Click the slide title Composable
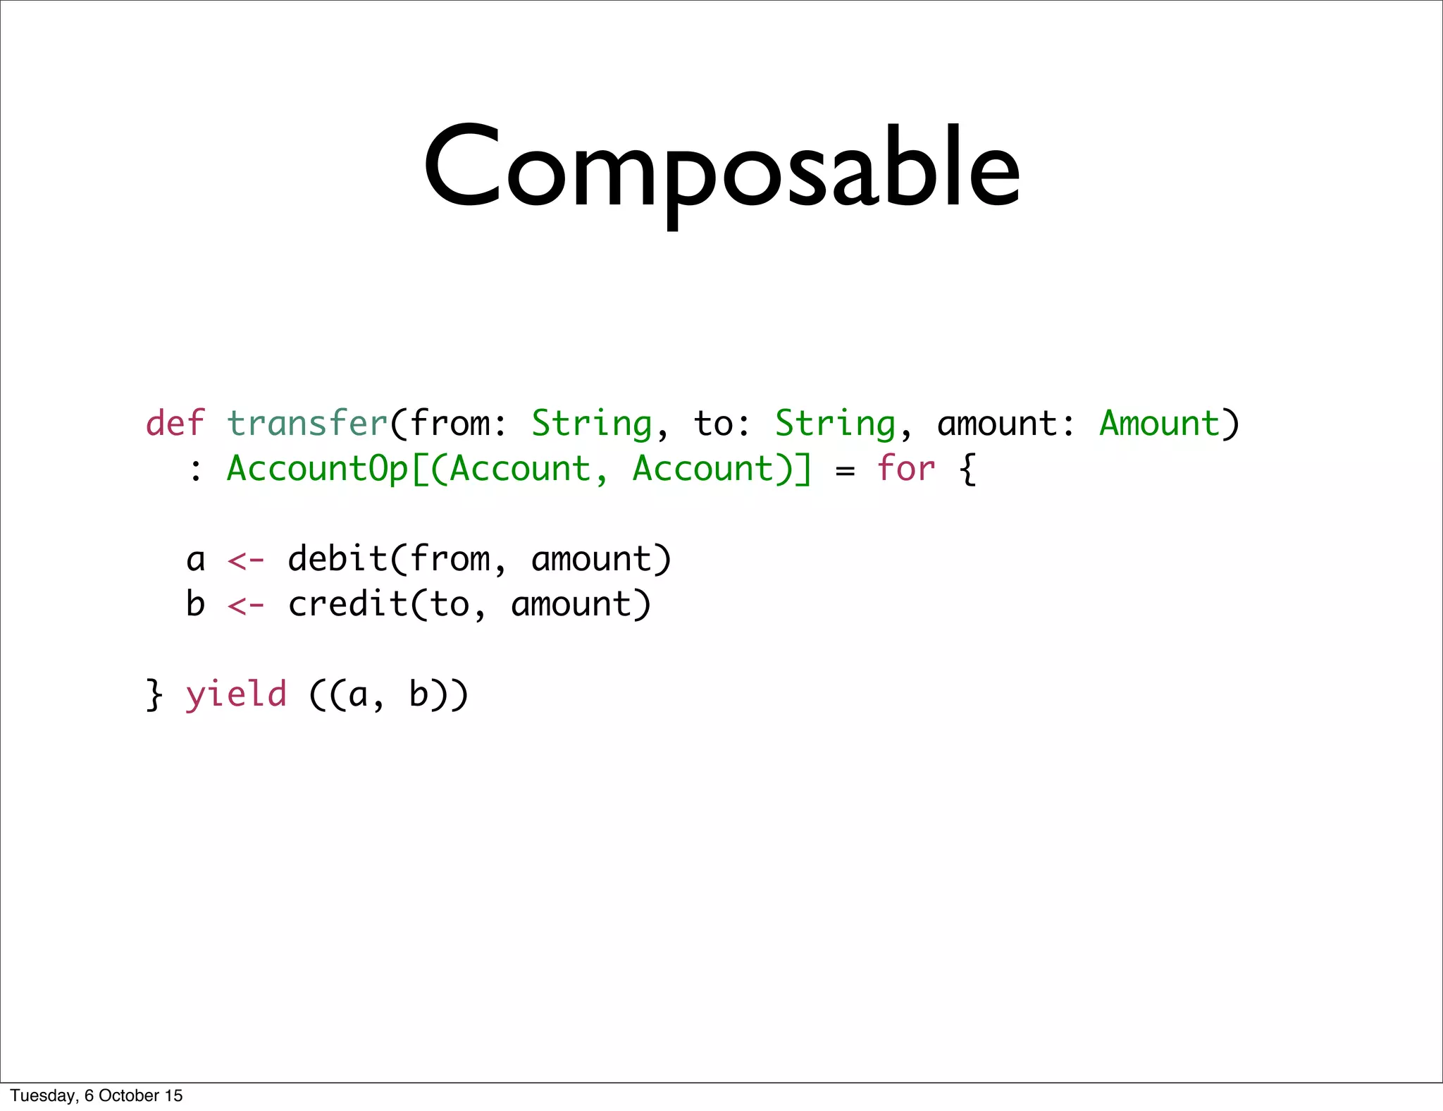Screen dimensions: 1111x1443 pos(721,169)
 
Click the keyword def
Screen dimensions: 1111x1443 pos(175,424)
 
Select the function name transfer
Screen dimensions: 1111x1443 pos(307,424)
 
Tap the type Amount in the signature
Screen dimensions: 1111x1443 pos(1159,424)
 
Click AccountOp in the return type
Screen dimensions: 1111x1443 pos(317,469)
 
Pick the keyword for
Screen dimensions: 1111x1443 pos(905,469)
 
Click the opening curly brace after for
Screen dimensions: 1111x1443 pos(969,469)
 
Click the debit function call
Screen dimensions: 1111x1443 pos(337,559)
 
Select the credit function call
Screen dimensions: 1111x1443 pos(348,604)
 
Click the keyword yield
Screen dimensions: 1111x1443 pos(236,695)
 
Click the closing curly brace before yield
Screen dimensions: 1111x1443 pos(154,695)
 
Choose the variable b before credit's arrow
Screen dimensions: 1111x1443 pos(195,604)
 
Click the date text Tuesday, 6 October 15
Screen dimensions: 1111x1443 pos(97,1095)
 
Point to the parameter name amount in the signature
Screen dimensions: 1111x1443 pos(996,424)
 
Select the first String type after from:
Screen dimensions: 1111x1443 pos(591,424)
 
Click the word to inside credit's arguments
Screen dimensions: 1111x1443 pos(450,605)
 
